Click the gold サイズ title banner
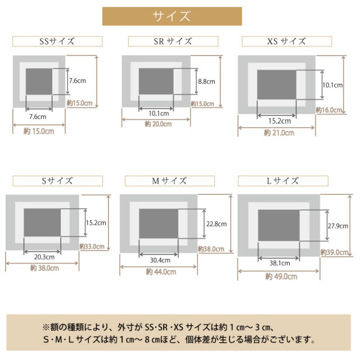click(172, 16)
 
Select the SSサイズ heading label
click(57, 42)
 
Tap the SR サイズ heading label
click(173, 42)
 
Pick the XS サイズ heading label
click(286, 42)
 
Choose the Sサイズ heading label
click(57, 181)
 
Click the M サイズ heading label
click(170, 181)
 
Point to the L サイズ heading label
click(283, 181)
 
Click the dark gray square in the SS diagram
click(39, 81)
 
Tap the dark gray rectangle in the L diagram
click(278, 225)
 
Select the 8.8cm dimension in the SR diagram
click(206, 81)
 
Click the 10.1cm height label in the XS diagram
click(332, 85)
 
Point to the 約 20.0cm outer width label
click(158, 124)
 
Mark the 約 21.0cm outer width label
click(279, 133)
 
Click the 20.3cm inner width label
click(44, 257)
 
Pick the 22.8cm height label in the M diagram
click(217, 224)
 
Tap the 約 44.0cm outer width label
click(161, 272)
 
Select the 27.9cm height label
click(337, 226)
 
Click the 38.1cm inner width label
click(280, 263)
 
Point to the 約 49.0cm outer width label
click(281, 276)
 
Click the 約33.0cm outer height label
click(92, 246)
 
